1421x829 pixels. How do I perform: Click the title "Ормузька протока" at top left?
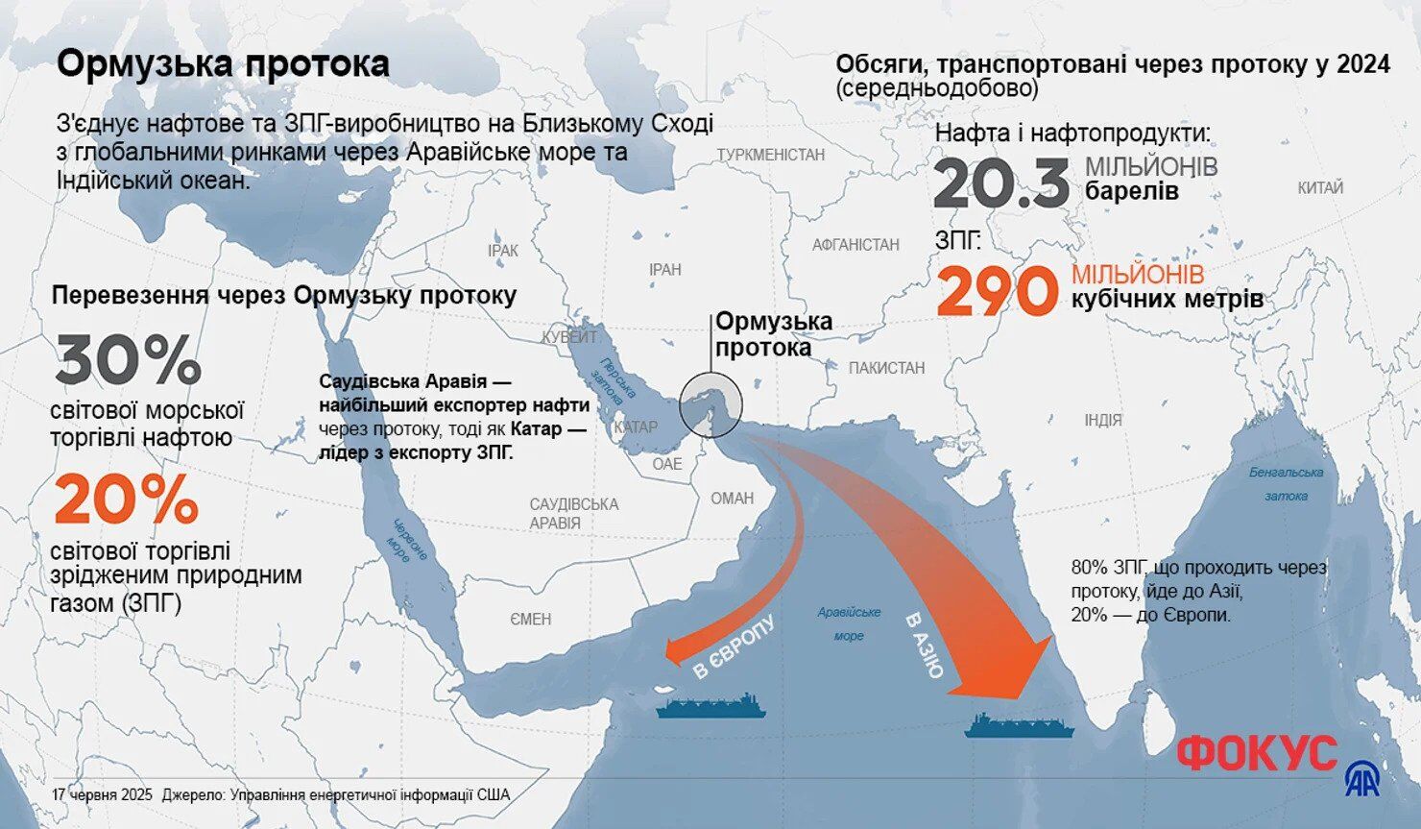pos(223,64)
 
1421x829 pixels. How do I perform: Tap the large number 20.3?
pos(1000,184)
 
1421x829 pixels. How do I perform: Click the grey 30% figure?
pos(128,360)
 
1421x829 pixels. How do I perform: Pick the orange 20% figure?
pos(126,500)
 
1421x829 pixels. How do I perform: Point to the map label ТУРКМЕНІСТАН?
pos(770,155)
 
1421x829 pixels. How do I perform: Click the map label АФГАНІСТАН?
pos(855,245)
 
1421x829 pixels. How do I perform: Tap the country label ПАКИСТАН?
pos(886,368)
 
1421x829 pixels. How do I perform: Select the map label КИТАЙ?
pos(1320,188)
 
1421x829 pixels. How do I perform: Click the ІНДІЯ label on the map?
pos(1102,421)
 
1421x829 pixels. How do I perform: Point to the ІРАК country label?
pos(502,251)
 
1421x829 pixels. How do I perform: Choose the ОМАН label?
pos(732,499)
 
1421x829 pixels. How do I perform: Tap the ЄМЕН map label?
pos(530,620)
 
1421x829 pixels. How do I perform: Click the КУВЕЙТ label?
pos(568,337)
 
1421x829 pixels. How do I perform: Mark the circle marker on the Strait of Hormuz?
pos(710,404)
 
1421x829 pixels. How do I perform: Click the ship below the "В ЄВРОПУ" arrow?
pos(711,708)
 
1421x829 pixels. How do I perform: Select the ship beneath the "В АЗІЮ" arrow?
pos(1020,725)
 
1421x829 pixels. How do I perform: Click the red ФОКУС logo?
pos(1256,753)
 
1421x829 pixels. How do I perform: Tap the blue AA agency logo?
pos(1361,779)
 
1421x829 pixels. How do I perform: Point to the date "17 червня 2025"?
pos(103,795)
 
